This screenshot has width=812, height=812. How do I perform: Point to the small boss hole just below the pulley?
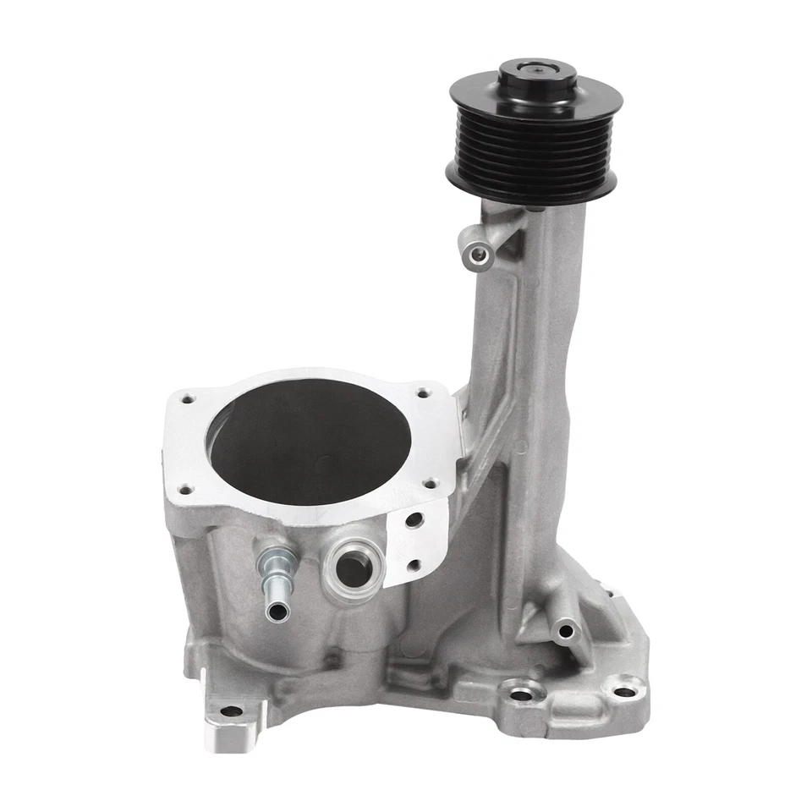(479, 251)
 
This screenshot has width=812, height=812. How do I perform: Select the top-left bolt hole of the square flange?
(187, 395)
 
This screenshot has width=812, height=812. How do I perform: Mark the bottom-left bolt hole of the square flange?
(184, 488)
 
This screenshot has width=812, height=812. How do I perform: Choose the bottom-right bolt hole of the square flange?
(429, 484)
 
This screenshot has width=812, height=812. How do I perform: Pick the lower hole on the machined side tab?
(415, 565)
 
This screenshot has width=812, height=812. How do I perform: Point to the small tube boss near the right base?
(563, 629)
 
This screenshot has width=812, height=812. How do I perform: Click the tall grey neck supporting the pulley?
(541, 355)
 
